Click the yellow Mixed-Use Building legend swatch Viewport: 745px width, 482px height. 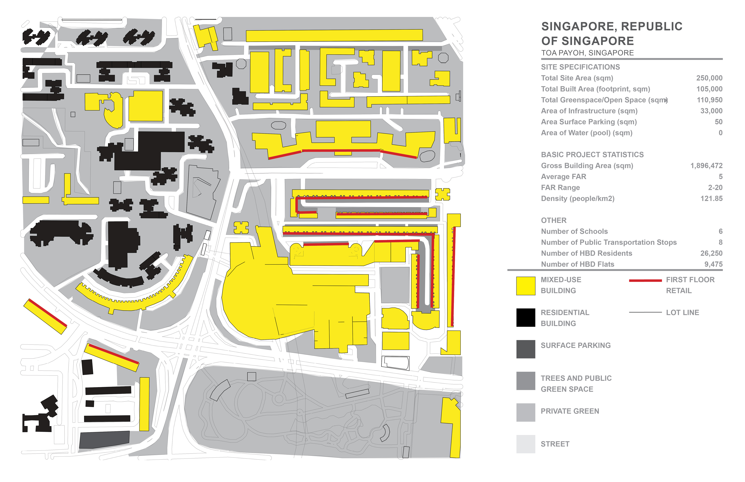526,286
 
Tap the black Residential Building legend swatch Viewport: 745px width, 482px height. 526,317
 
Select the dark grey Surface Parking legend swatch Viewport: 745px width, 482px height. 526,349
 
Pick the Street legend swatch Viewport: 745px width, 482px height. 526,444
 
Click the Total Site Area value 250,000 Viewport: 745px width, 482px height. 709,78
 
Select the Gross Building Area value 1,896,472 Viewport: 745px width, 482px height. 706,166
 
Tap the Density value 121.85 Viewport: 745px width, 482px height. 711,198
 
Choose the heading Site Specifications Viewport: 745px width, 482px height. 580,67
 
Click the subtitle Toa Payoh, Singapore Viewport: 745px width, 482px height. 587,53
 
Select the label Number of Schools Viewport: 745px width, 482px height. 574,231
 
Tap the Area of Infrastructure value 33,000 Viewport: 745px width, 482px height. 711,111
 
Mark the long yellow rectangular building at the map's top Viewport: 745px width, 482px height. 334,35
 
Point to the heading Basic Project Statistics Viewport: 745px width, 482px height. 592,155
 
